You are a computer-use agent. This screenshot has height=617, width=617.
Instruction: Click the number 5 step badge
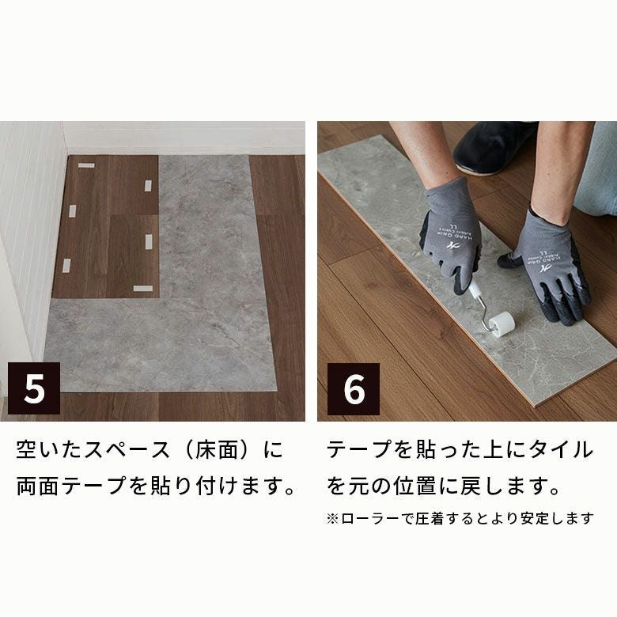point(34,388)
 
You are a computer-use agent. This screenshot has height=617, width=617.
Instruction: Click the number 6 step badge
point(354,388)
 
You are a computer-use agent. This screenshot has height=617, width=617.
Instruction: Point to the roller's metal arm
point(481,308)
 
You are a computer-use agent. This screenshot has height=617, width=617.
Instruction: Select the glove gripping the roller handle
point(452,236)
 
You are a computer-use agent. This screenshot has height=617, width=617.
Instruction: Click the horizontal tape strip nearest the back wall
point(86,165)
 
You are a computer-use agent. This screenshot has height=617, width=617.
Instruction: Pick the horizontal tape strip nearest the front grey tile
point(143,289)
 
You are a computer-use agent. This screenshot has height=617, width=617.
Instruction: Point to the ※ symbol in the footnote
point(332,518)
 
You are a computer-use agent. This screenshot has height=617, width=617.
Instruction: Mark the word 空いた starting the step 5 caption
point(49,449)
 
